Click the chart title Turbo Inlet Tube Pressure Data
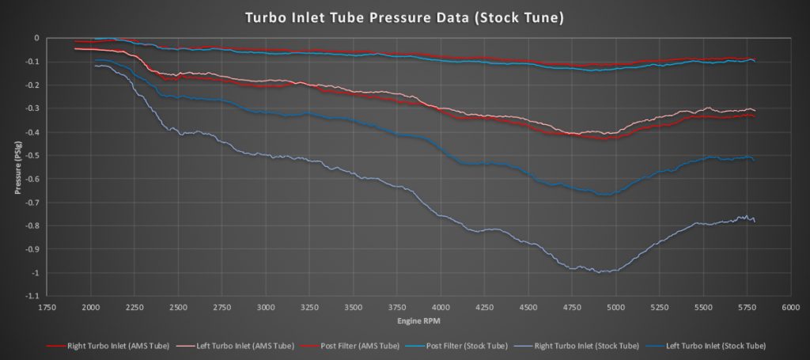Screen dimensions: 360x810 [x=404, y=17]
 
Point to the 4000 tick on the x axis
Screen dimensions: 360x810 [x=441, y=308]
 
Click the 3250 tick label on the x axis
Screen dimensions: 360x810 [x=310, y=308]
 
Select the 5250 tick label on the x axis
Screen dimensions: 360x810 [x=660, y=308]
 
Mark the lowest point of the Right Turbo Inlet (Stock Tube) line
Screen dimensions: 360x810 [x=603, y=272]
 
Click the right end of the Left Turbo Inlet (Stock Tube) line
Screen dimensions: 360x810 [x=754, y=160]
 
